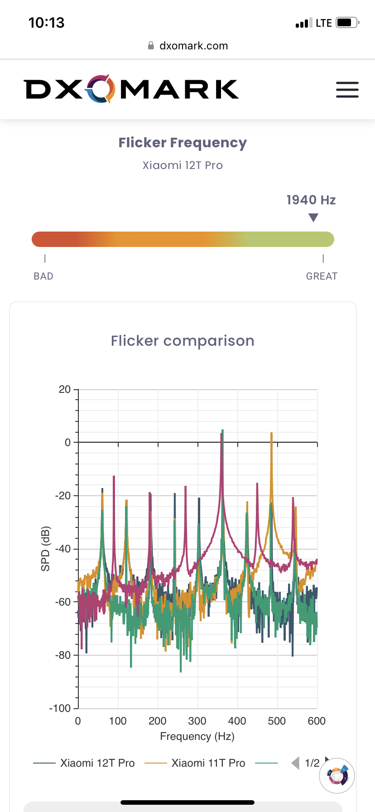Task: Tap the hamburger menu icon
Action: [x=347, y=90]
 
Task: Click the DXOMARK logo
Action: [x=131, y=89]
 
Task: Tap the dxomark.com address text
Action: [x=193, y=46]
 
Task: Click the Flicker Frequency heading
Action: [x=183, y=143]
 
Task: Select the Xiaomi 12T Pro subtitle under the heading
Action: [x=183, y=165]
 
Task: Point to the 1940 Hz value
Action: [x=311, y=200]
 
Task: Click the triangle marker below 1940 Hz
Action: [x=313, y=218]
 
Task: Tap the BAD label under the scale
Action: [x=43, y=276]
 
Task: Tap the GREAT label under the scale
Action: [x=322, y=276]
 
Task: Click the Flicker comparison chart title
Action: [x=183, y=341]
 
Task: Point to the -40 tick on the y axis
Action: [x=63, y=549]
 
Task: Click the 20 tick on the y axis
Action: [x=65, y=389]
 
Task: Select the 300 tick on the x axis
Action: [x=197, y=721]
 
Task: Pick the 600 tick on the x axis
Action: [x=316, y=721]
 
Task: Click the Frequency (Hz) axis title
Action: [x=197, y=736]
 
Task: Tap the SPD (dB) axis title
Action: [x=45, y=549]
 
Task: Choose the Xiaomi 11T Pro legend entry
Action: [x=208, y=763]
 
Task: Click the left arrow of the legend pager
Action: [x=295, y=763]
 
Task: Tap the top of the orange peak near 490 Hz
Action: [x=271, y=434]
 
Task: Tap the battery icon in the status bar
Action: [x=347, y=23]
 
